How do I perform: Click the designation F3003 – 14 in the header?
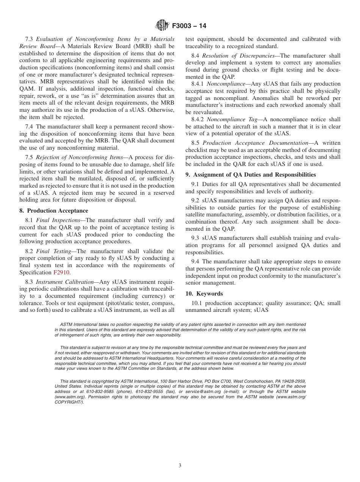click(189, 26)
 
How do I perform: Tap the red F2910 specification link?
click(61, 272)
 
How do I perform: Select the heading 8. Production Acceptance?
click(54, 211)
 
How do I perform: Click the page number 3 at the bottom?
click(180, 466)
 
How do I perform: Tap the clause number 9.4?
click(196, 262)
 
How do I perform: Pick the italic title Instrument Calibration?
click(64, 282)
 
